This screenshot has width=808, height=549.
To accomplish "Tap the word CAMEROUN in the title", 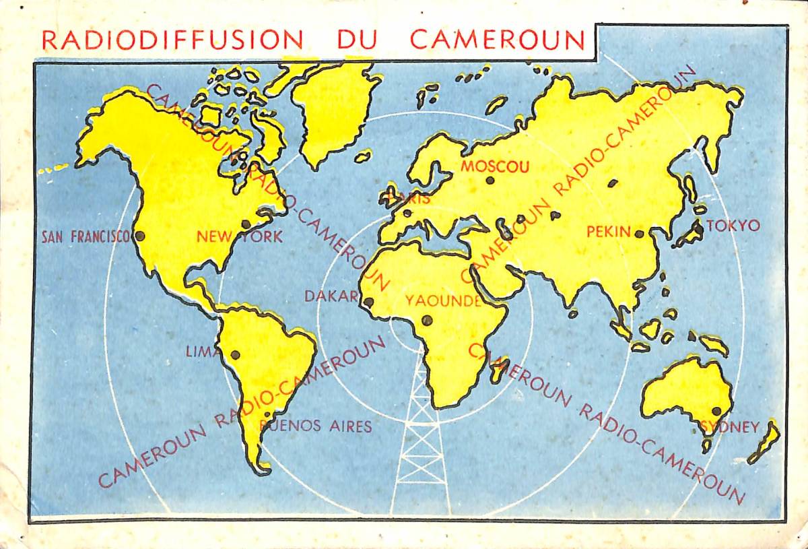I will tap(498, 40).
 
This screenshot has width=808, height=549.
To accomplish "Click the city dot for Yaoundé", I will tap(426, 320).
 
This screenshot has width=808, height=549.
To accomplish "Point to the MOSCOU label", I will tap(495, 166).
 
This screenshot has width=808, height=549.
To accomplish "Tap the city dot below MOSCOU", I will tap(490, 181).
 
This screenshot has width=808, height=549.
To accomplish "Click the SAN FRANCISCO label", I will tap(85, 236).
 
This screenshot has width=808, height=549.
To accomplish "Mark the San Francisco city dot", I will tap(140, 236).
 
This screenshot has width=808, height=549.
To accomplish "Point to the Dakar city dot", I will tap(368, 302).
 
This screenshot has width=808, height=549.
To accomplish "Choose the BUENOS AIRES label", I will tap(316, 426).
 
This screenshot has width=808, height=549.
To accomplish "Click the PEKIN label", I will tap(609, 232).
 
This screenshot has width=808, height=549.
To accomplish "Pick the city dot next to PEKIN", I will tap(640, 234).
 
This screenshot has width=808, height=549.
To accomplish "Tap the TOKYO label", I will tap(733, 226).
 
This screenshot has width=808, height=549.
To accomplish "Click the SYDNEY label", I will tap(731, 427).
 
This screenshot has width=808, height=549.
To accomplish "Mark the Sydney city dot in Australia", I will tap(716, 411).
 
